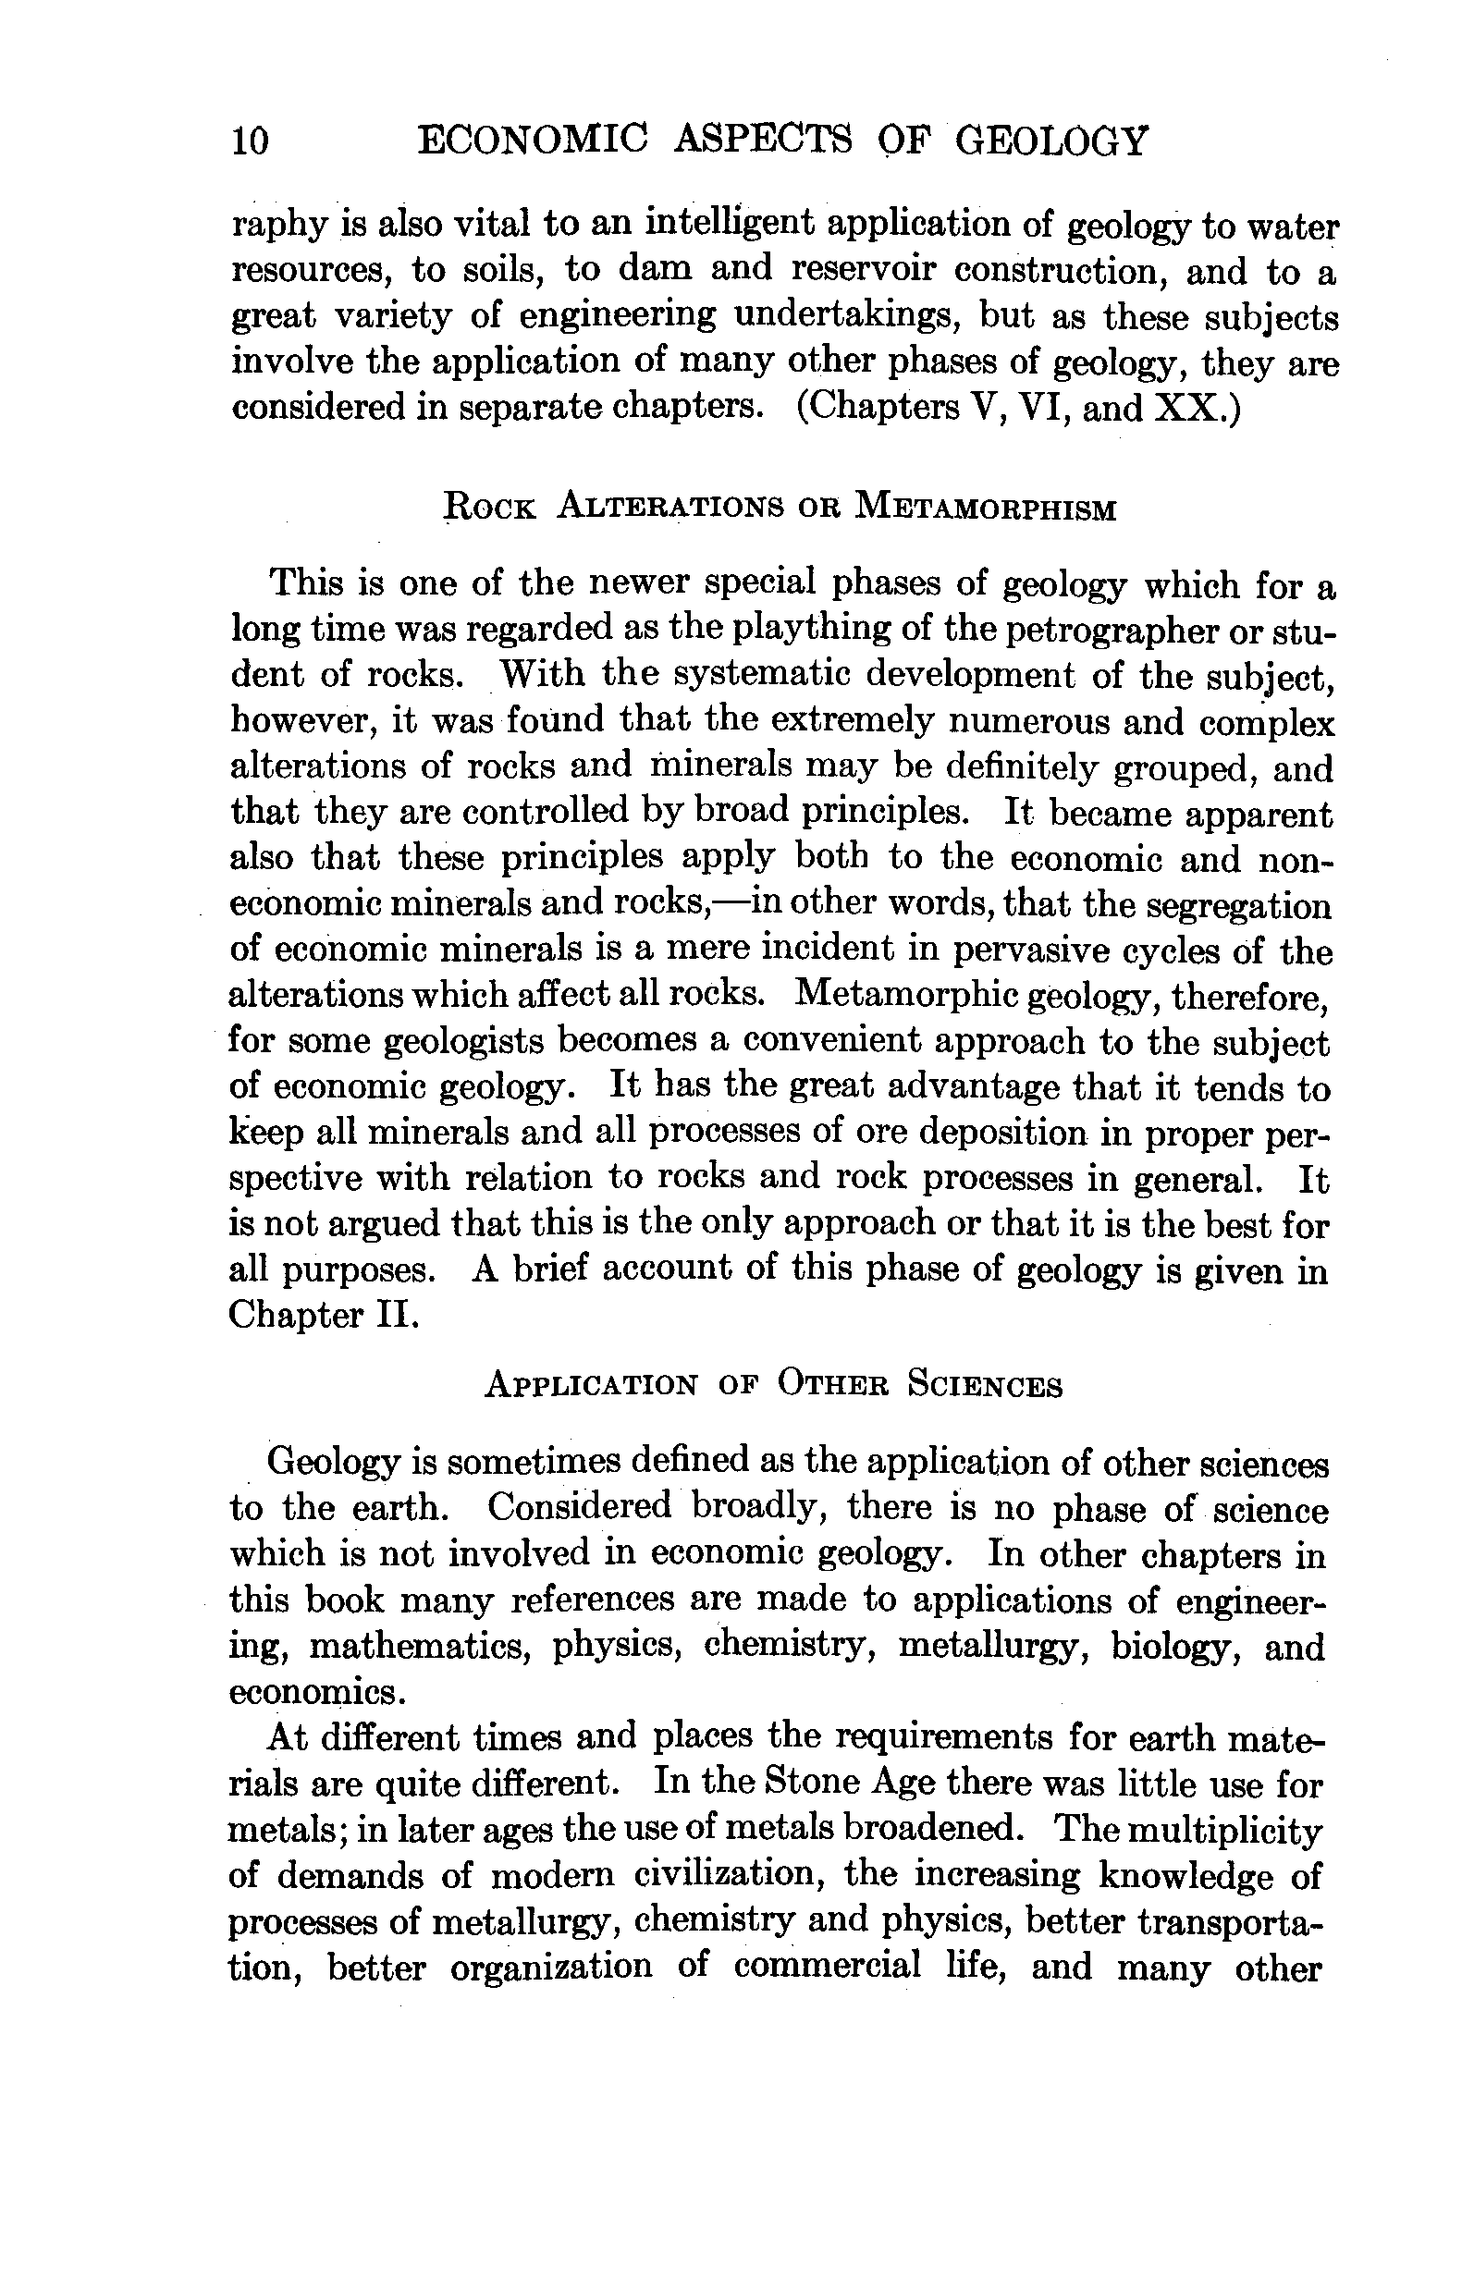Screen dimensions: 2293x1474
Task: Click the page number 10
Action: click(250, 141)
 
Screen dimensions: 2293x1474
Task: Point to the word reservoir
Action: click(864, 271)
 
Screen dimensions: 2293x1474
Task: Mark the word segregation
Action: click(1238, 905)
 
